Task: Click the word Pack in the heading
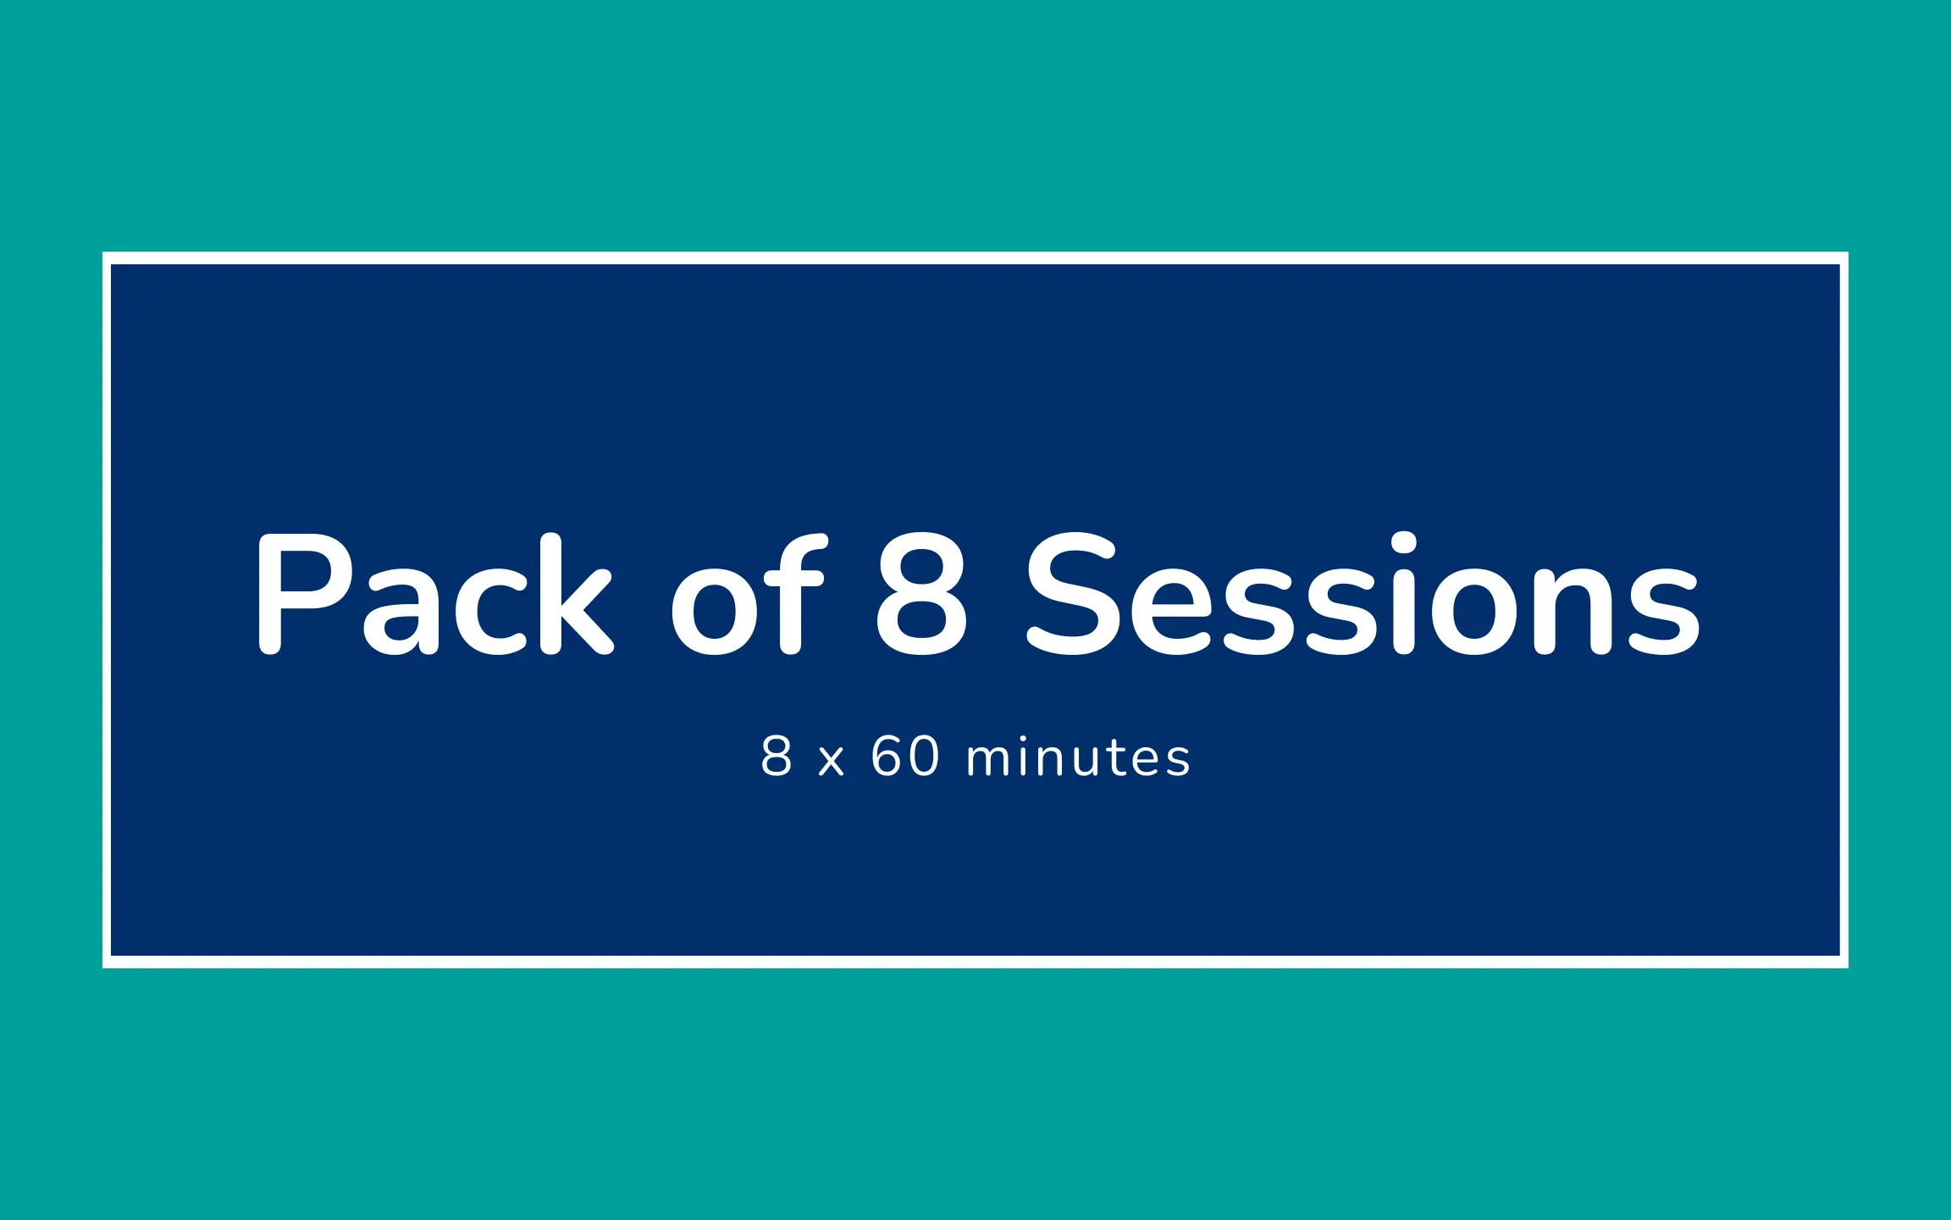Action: (434, 593)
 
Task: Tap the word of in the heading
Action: (748, 593)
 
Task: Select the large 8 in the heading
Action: (921, 594)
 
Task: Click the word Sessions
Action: (1362, 593)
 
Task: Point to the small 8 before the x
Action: (777, 756)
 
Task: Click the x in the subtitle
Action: (832, 761)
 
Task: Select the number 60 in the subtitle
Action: (905, 756)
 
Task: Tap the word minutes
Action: (1078, 756)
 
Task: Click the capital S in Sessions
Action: (1073, 594)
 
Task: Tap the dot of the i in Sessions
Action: (1404, 543)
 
